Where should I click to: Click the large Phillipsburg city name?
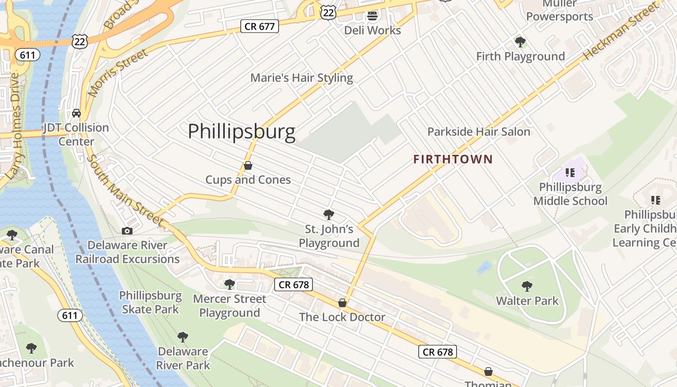pos(241,132)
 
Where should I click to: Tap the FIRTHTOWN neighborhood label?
pos(453,159)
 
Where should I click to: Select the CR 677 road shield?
pos(260,26)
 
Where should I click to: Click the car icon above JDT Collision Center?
pos(76,113)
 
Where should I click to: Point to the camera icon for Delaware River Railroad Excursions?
pos(127,231)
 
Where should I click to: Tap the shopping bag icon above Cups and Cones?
pos(248,166)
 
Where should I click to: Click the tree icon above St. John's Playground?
pos(329,214)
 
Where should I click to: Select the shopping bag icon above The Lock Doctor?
pos(342,303)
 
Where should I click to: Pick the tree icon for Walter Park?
pos(527,286)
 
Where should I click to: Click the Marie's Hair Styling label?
pos(302,78)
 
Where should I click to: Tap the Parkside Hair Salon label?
pos(479,132)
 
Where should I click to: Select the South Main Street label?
pos(125,190)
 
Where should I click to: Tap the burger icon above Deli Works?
pos(372,16)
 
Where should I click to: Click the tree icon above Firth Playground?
pos(520,42)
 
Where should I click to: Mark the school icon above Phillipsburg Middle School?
pos(570,172)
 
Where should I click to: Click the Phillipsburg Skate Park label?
pos(150,302)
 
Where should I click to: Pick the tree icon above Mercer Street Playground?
pos(230,284)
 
